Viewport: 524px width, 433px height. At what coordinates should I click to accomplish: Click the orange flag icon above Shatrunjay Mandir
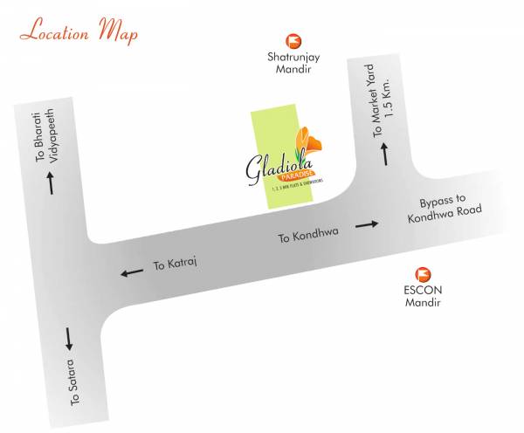coord(293,39)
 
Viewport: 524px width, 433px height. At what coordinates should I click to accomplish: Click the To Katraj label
coord(171,265)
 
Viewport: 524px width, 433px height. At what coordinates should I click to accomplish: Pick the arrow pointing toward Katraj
coord(132,272)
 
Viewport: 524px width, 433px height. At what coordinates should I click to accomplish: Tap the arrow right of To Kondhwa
coord(368,224)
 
